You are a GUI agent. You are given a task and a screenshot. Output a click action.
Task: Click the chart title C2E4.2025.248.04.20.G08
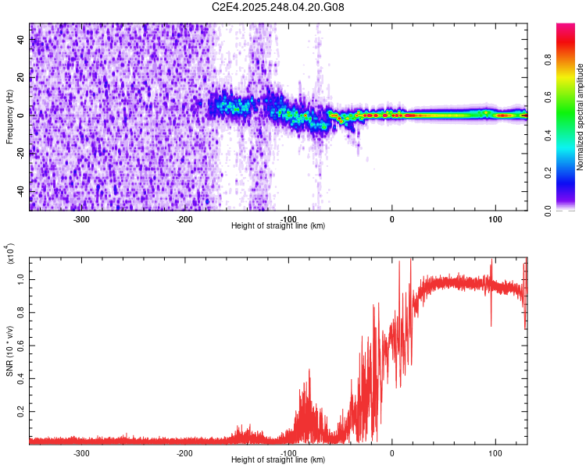(x=278, y=8)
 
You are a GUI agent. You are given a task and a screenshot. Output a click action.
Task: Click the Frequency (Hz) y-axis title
(x=9, y=117)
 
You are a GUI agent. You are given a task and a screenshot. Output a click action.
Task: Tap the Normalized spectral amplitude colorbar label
(x=581, y=117)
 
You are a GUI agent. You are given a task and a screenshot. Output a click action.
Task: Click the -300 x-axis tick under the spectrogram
(x=82, y=219)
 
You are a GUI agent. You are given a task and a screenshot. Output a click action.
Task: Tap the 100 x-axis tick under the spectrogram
(x=495, y=219)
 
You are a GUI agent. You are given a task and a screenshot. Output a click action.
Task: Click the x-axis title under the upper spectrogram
(x=278, y=226)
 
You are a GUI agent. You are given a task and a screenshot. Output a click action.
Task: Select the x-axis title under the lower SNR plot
(x=278, y=459)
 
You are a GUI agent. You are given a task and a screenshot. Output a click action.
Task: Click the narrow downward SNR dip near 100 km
(x=491, y=324)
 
